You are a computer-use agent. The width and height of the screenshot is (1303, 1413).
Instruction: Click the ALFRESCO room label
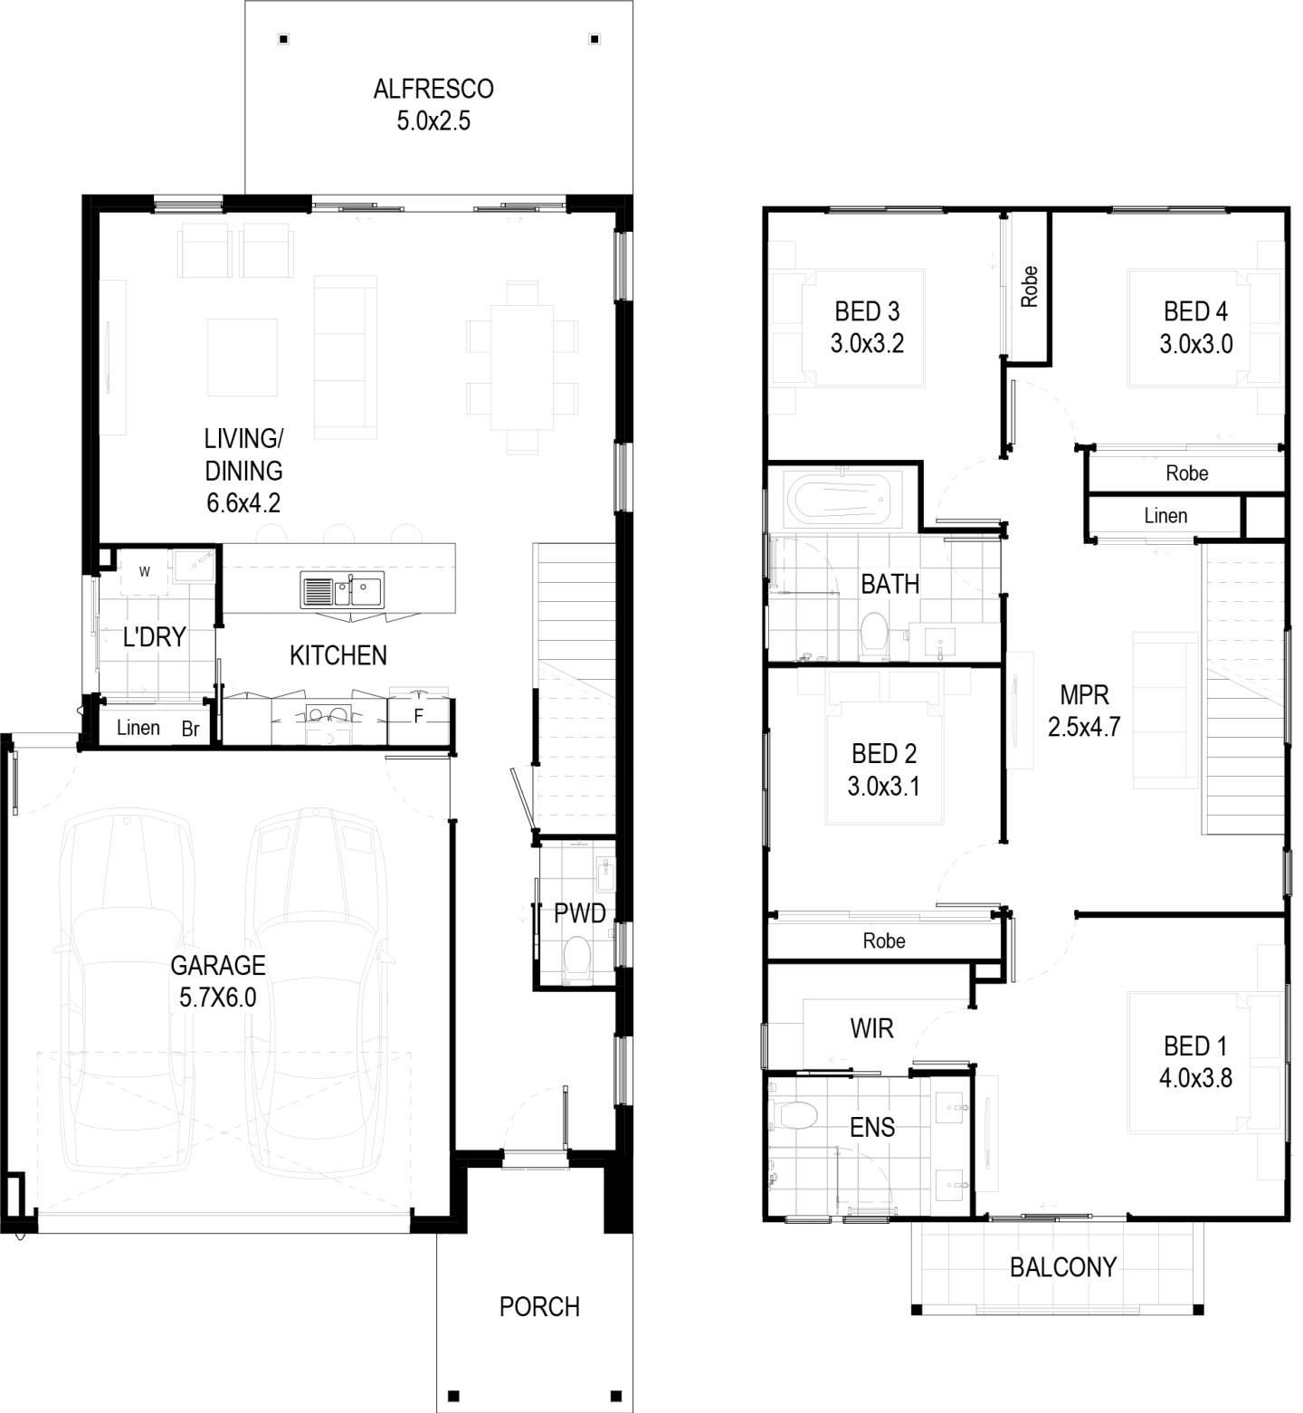(x=433, y=105)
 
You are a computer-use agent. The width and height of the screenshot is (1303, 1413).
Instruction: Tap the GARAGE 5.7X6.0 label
(x=218, y=981)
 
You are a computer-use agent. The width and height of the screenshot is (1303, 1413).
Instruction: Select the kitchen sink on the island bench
(x=342, y=590)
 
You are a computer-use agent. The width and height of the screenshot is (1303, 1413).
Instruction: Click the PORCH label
(x=539, y=1306)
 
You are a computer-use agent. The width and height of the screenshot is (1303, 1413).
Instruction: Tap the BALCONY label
(x=1063, y=1266)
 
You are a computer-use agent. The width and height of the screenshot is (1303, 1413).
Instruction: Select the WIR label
(x=872, y=1028)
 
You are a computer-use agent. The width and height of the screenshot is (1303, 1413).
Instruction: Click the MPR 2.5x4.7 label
(x=1084, y=711)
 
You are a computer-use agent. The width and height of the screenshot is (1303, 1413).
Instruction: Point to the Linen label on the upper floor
(x=1165, y=516)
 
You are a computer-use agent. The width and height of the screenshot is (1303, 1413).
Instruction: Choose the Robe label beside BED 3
(x=1029, y=286)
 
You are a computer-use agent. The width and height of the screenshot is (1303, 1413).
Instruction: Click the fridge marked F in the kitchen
(x=418, y=715)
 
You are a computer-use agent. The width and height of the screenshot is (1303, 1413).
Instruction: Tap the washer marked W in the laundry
(x=144, y=572)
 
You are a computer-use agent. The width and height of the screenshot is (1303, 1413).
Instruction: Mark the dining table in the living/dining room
(x=522, y=368)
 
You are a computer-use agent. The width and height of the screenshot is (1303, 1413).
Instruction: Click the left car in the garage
(x=128, y=990)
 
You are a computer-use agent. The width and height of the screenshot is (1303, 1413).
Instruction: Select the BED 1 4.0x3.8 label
(x=1195, y=1062)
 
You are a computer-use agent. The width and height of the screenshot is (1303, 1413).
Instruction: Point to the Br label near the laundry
(x=190, y=730)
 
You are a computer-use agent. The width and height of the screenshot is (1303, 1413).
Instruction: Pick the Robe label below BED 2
(x=884, y=941)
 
